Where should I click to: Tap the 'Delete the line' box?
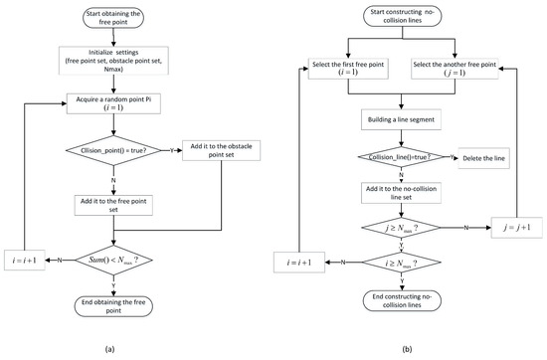487,157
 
